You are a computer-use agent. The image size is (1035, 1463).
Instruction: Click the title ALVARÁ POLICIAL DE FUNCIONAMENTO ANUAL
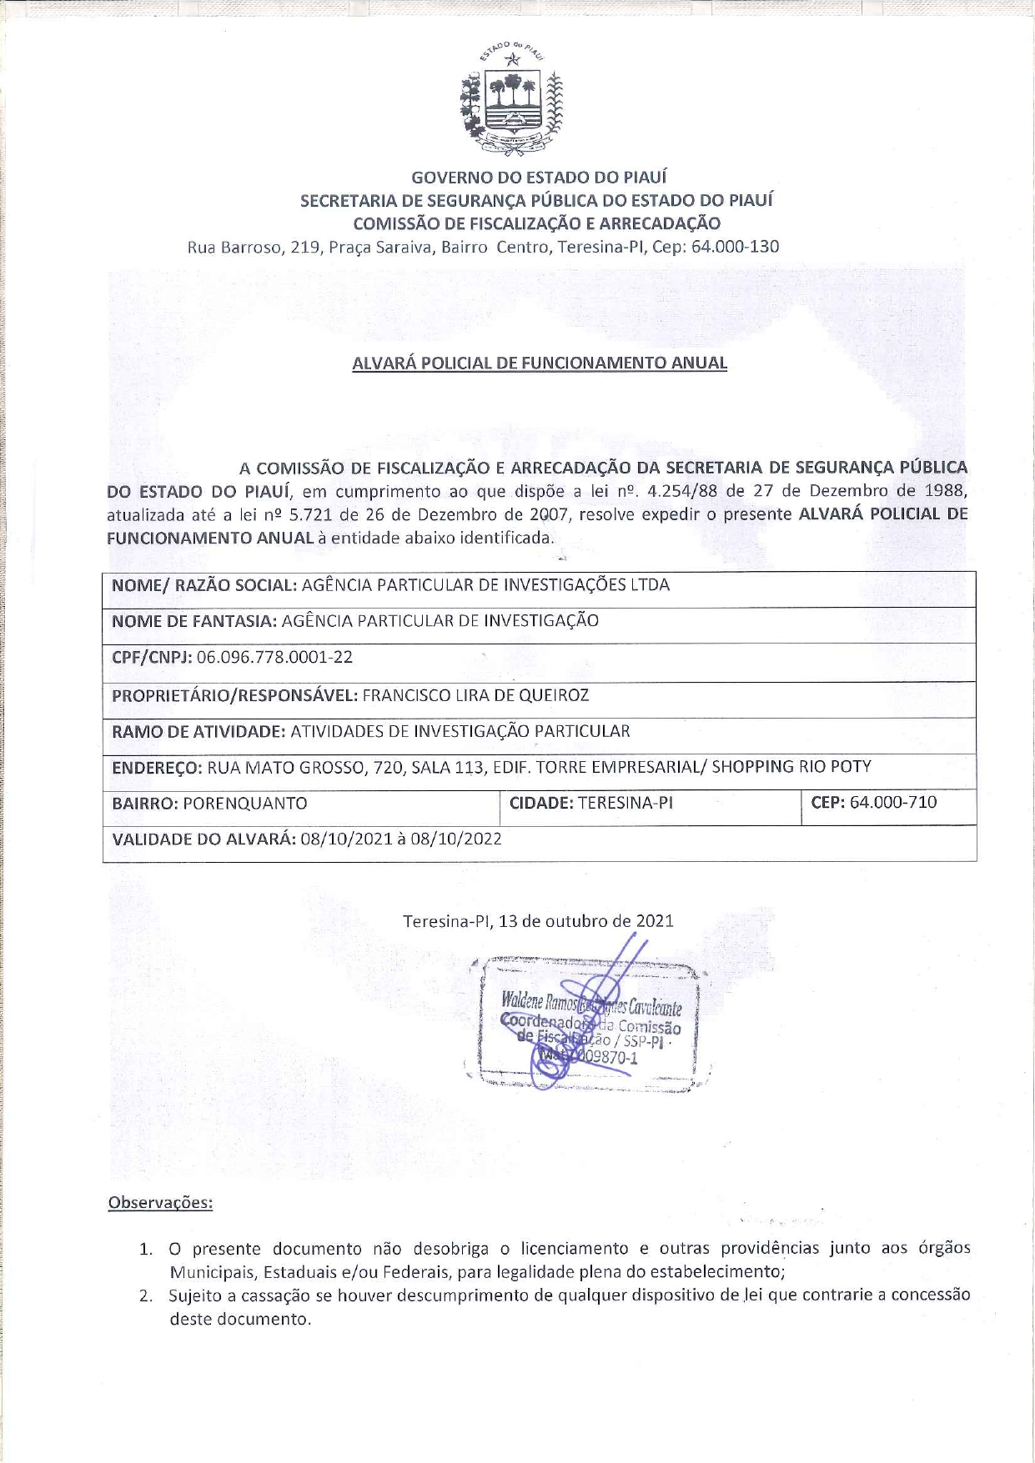tap(540, 363)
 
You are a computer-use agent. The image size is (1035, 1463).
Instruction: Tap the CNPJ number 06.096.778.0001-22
tap(274, 657)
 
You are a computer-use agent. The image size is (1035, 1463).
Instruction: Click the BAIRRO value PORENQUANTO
tap(244, 804)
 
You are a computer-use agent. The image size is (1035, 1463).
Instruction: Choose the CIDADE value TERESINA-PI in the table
tap(625, 803)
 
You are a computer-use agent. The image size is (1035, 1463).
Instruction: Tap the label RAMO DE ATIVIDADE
tap(198, 731)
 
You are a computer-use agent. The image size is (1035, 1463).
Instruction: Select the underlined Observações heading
tap(160, 1203)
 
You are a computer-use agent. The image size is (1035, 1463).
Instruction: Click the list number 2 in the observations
tap(146, 1295)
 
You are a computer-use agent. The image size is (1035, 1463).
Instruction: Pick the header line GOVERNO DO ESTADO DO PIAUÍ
tap(539, 177)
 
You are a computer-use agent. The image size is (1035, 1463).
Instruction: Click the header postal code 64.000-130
tap(735, 247)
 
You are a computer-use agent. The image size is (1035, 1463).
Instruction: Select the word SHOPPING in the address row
tap(752, 766)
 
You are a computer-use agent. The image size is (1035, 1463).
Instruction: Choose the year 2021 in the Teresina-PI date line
tap(655, 921)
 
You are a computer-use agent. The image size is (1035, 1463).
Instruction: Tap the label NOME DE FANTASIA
tap(193, 621)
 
